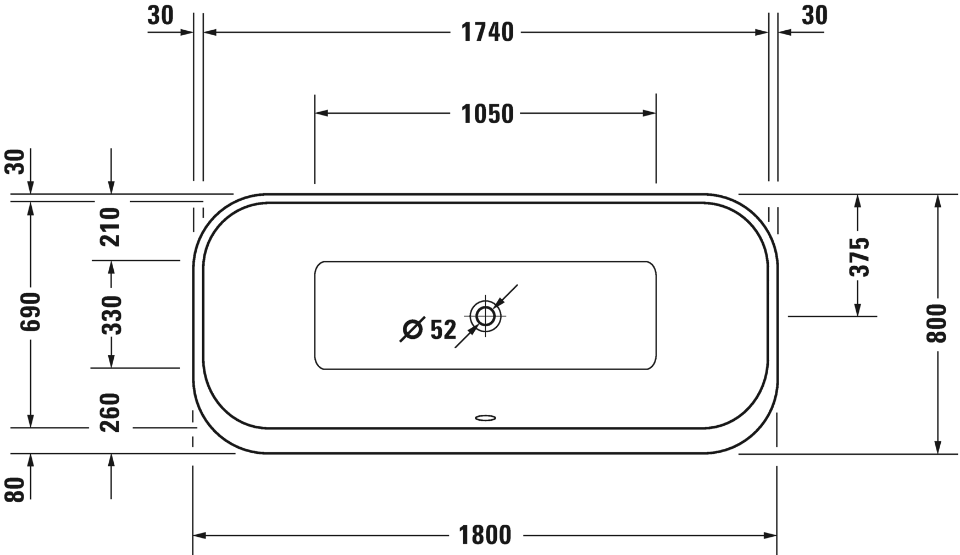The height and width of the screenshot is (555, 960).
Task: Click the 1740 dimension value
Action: point(487,33)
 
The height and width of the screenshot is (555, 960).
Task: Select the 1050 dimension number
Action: point(487,114)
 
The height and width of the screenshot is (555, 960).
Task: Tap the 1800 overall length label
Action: point(485,535)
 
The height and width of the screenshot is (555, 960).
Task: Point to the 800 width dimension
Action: point(937,323)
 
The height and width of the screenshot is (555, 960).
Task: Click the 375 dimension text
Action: point(859,256)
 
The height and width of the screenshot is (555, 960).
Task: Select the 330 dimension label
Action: point(112,315)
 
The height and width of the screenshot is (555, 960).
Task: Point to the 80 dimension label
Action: point(17,489)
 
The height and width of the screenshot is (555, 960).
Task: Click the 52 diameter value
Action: point(443,330)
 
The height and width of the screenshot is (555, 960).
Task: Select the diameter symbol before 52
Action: point(412,329)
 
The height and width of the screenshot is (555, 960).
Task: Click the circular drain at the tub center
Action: point(486,316)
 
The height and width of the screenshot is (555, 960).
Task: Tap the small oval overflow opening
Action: point(485,417)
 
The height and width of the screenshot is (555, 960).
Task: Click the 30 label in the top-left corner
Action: point(160,16)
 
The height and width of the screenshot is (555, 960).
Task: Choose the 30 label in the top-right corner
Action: point(814,16)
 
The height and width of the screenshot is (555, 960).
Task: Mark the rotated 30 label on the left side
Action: point(17,162)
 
